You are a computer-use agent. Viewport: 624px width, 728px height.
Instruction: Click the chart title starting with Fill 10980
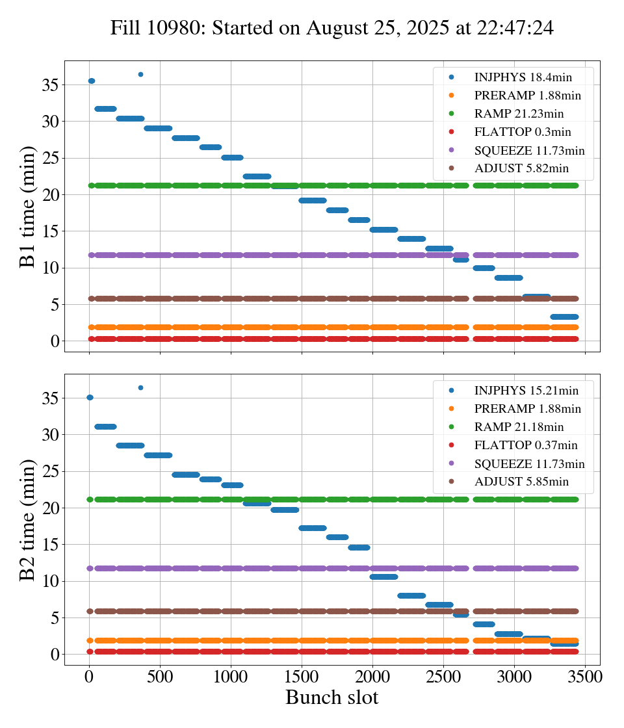331,28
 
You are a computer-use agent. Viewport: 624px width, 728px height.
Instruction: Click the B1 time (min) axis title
28,206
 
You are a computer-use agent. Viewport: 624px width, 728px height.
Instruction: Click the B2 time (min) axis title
28,519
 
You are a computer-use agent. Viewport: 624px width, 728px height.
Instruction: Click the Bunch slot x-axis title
331,697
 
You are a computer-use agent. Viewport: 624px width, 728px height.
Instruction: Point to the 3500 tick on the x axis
585,676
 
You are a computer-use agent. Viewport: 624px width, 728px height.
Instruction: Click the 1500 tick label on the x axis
302,676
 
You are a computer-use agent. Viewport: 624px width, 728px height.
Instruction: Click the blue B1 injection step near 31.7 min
105,109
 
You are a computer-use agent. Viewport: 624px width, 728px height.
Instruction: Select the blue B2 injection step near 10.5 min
383,577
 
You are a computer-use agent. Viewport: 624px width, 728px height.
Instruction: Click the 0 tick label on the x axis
89,676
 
